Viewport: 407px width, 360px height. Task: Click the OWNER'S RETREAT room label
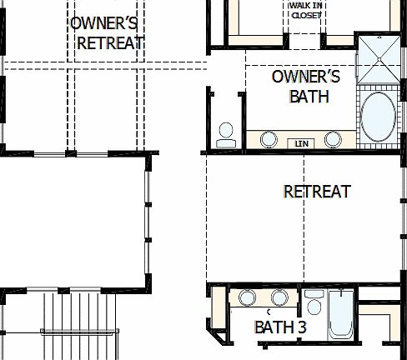pyautogui.click(x=107, y=32)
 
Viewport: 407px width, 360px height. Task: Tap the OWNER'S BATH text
pyautogui.click(x=306, y=87)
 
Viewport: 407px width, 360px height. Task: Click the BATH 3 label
pyautogui.click(x=280, y=327)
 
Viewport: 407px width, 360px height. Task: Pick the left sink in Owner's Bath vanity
pyautogui.click(x=269, y=138)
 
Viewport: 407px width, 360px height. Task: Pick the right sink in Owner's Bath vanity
pyautogui.click(x=333, y=138)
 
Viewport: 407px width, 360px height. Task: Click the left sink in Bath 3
pyautogui.click(x=247, y=297)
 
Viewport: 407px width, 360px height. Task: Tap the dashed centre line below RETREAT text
pyautogui.click(x=304, y=242)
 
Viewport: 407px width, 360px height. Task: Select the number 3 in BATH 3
pyautogui.click(x=301, y=327)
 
